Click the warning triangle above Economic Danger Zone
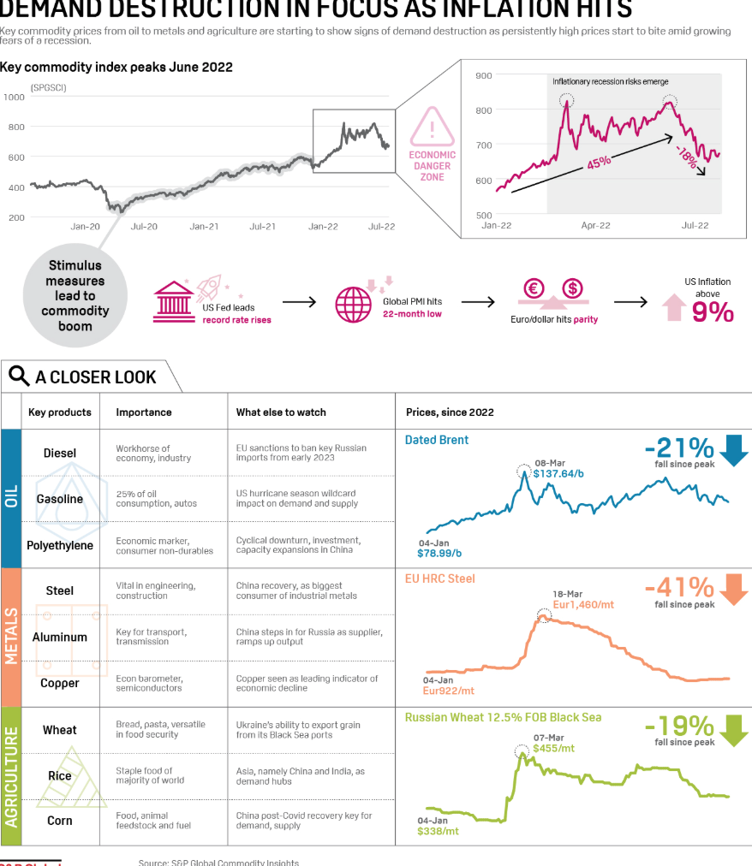(433, 129)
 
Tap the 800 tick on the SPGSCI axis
(15, 127)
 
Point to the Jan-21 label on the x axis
(203, 227)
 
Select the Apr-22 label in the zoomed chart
(595, 225)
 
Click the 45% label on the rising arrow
(599, 162)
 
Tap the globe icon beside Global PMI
(352, 304)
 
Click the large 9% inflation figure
(713, 312)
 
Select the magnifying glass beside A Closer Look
(19, 376)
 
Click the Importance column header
(144, 412)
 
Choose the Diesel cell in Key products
(60, 453)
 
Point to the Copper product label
(60, 683)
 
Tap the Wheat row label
(60, 730)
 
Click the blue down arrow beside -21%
(733, 449)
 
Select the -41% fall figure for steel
(678, 588)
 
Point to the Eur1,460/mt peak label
(584, 604)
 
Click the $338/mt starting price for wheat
(438, 830)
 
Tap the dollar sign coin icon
(572, 288)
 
